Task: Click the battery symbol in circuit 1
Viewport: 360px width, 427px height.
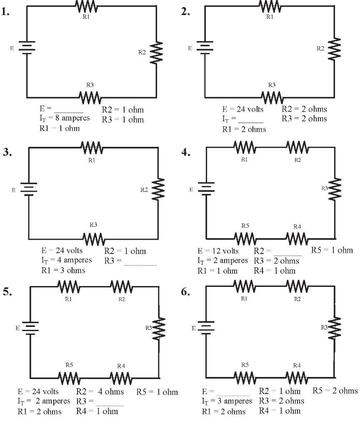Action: [x=27, y=48]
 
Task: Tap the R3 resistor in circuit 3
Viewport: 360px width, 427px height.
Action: [x=93, y=239]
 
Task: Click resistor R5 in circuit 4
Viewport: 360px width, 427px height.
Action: [x=245, y=239]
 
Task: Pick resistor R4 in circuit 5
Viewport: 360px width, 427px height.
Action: [x=121, y=379]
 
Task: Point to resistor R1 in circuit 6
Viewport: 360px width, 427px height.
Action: [x=244, y=286]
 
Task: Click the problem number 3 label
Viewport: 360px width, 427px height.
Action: [x=7, y=153]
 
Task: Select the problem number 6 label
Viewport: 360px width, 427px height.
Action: [x=186, y=292]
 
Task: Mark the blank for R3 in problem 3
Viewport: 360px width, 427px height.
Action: [x=140, y=262]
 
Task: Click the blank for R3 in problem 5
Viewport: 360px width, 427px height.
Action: [x=110, y=402]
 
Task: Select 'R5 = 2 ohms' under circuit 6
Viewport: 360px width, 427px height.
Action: [x=335, y=391]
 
